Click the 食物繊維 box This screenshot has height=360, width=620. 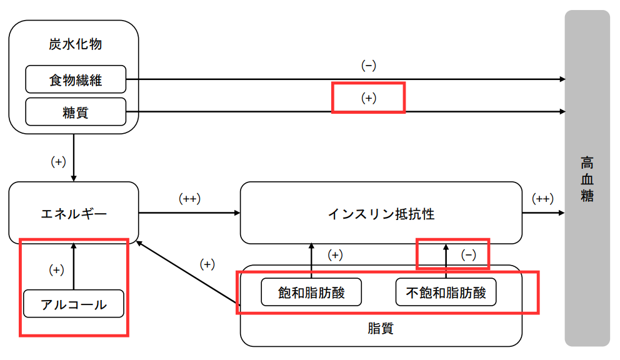coord(76,79)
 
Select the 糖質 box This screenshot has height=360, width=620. coord(76,112)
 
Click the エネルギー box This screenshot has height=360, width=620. coord(74,213)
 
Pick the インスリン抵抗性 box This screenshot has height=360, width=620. coord(381,213)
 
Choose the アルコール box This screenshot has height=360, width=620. coord(74,304)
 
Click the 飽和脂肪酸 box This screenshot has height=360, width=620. coord(311,292)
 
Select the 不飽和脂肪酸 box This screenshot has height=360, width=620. coord(446,292)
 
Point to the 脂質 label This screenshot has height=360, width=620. coord(381,327)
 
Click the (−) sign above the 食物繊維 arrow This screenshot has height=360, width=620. coord(369,66)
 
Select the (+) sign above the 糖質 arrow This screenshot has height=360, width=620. coord(369,98)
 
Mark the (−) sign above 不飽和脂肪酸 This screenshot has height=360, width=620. coord(468,254)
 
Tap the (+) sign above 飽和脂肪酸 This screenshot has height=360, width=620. coord(335,254)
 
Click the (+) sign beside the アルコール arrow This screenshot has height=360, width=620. coord(57,270)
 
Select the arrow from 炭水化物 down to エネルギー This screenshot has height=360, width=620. coord(74,156)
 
